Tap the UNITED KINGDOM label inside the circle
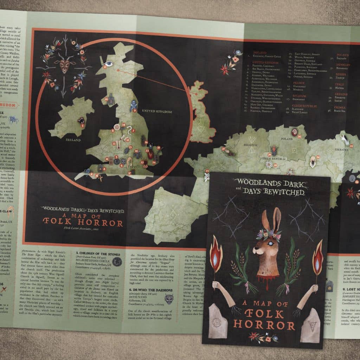156,111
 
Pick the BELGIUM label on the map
249,144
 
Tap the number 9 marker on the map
134,110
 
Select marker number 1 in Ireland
82,125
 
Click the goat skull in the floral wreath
64,66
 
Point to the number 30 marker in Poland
299,136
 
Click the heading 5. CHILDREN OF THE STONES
98,253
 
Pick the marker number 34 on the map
317,157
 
